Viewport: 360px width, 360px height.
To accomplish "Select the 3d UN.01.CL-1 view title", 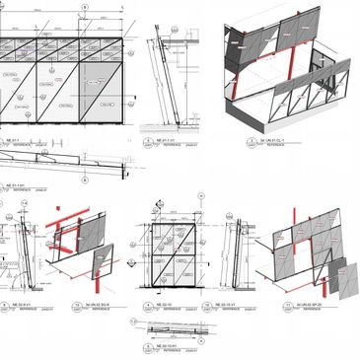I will pyautogui.click(x=261, y=141).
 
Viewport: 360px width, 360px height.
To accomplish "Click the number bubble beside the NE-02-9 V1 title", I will pyautogui.click(x=5, y=307).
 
